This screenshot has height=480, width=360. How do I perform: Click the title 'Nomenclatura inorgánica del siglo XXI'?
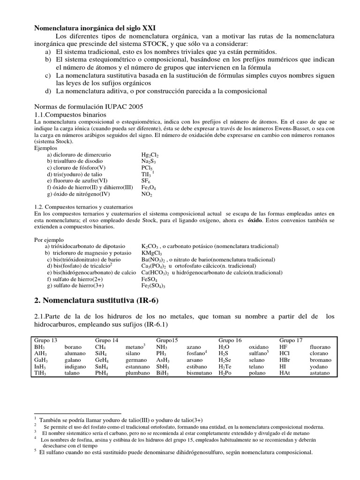pos(99,28)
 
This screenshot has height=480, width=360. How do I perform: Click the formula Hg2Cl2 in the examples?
pos(150,154)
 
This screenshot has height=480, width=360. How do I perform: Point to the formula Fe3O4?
pos(149,187)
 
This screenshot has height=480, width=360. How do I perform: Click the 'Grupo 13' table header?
pos(45,340)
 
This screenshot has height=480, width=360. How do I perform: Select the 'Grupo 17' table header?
pos(291,340)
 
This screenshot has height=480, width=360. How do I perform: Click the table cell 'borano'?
pos(74,347)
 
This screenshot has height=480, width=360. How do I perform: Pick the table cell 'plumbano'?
pos(138,373)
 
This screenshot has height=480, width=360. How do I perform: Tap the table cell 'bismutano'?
pos(200,373)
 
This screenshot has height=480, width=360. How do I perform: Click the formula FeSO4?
pos(149,278)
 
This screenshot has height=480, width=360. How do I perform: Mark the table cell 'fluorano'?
pos(320,347)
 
